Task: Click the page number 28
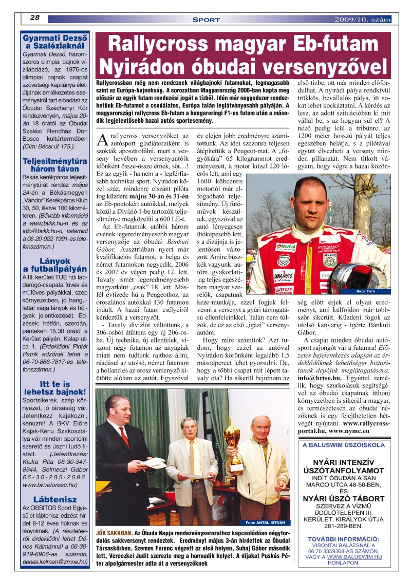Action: coord(35,17)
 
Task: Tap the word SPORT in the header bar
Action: coord(206,20)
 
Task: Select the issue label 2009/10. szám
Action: coord(362,20)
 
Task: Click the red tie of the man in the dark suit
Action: coord(124,436)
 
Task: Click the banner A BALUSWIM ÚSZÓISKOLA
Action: coord(343,445)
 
